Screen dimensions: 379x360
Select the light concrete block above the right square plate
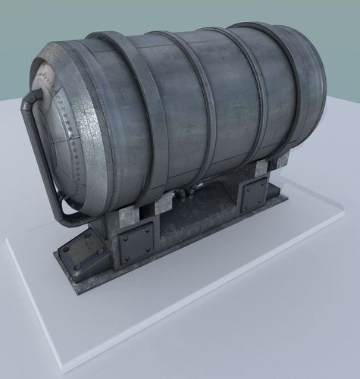pos(261,167)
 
